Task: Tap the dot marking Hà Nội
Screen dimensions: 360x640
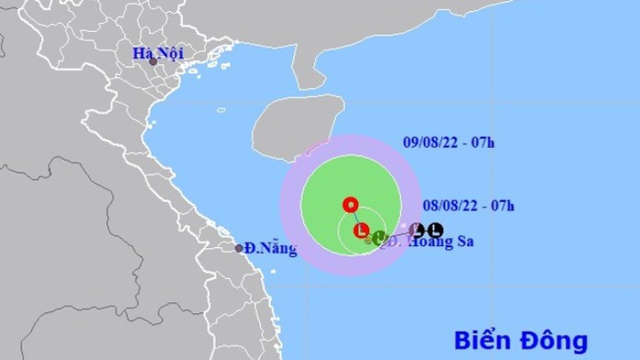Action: point(166,62)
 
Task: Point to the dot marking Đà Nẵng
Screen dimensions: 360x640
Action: point(238,248)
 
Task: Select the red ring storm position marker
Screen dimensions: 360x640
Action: point(349,204)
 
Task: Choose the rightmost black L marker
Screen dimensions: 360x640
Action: point(435,229)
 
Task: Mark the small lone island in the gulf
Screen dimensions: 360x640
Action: point(220,113)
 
